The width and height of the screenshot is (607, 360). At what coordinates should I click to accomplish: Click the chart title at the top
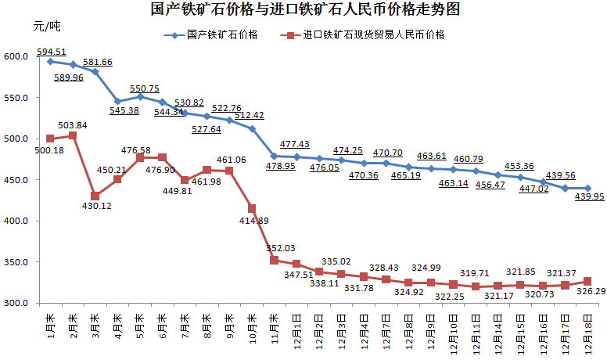pyautogui.click(x=304, y=10)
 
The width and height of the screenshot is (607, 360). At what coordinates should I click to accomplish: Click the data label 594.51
pyautogui.click(x=51, y=52)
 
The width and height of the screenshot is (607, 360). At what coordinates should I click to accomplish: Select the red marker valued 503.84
pyautogui.click(x=73, y=135)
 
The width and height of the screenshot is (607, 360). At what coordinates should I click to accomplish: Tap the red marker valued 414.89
pyautogui.click(x=252, y=208)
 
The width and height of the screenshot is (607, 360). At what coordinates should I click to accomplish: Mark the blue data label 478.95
pyautogui.click(x=275, y=167)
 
